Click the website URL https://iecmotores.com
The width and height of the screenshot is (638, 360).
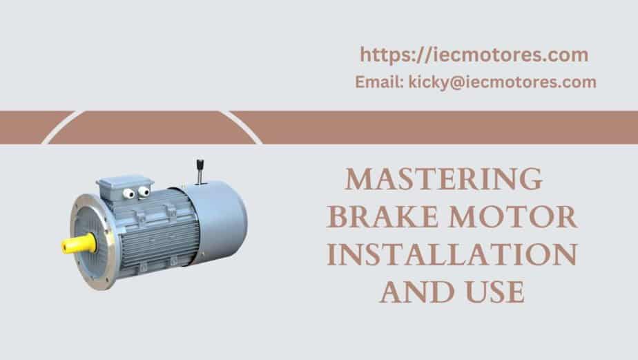click(474, 55)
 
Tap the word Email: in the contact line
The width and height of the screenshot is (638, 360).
click(379, 82)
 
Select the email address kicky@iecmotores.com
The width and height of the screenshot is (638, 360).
click(503, 83)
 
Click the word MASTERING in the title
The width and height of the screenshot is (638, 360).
click(444, 179)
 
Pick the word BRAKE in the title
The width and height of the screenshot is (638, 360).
click(383, 217)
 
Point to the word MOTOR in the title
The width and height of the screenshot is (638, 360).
click(513, 217)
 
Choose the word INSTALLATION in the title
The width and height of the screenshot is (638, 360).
click(452, 254)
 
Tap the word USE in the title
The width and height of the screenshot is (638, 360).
click(495, 292)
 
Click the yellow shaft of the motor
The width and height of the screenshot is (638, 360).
click(79, 244)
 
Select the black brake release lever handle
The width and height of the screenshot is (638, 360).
click(200, 165)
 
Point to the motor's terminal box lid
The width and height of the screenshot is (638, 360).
click(124, 182)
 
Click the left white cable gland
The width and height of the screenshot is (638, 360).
click(128, 193)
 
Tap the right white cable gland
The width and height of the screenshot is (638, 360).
click(144, 191)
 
